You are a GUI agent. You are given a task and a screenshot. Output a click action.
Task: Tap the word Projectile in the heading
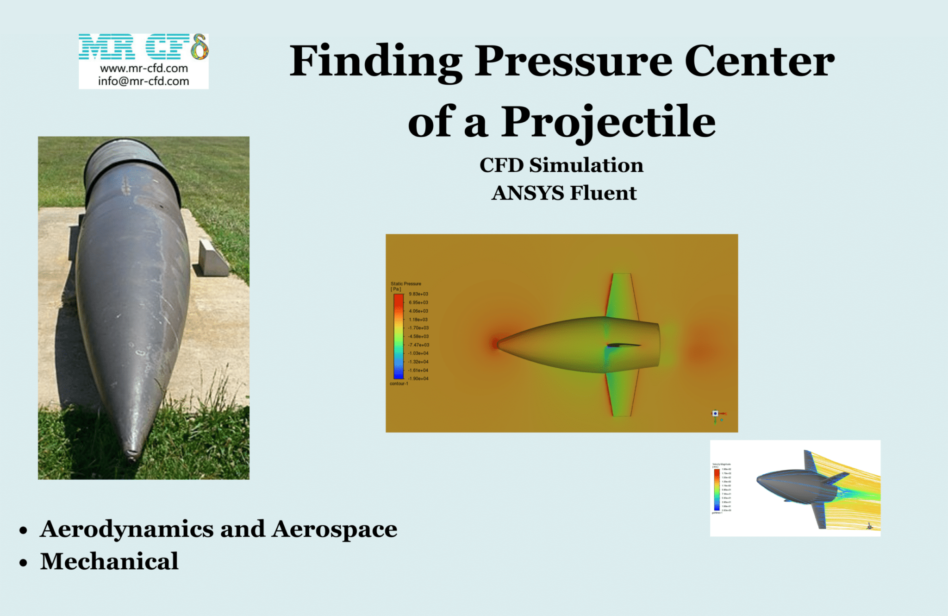tap(608, 122)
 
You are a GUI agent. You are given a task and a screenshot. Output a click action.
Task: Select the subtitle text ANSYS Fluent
tap(564, 193)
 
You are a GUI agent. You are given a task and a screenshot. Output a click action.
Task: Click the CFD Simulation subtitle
tap(561, 165)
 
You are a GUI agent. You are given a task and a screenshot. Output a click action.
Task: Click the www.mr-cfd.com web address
tap(144, 69)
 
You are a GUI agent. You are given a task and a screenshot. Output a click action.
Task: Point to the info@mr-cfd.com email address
tap(143, 82)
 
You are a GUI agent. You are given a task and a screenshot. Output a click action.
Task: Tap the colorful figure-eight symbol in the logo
tap(200, 47)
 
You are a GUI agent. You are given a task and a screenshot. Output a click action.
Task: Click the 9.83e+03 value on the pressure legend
tap(418, 294)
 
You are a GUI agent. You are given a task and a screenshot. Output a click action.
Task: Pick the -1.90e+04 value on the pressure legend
tap(418, 378)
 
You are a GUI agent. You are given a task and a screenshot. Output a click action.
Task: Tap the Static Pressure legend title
tap(405, 283)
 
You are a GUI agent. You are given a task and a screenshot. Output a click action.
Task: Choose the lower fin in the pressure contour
tap(621, 394)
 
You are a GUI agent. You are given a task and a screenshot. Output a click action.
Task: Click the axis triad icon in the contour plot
tap(716, 414)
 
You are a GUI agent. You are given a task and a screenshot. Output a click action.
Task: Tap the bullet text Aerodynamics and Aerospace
tap(218, 529)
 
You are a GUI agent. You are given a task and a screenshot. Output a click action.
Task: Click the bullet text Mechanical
tap(109, 561)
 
